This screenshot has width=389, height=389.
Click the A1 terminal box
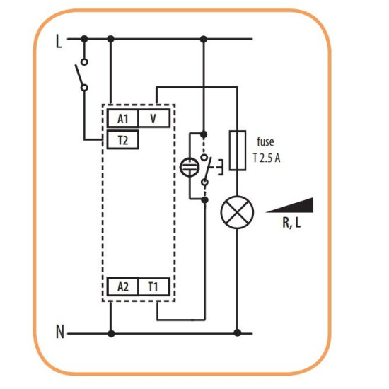(122, 118)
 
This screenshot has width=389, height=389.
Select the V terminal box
(154, 118)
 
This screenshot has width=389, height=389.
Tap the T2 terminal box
(123, 140)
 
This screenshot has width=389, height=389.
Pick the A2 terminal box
(122, 287)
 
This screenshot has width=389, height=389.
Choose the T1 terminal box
(154, 287)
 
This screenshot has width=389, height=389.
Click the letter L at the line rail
(59, 42)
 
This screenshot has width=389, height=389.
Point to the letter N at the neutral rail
(60, 332)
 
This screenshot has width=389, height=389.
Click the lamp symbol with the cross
(237, 212)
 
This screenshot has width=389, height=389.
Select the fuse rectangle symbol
(238, 151)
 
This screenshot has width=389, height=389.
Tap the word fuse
(265, 141)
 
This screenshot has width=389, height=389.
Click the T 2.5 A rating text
(267, 158)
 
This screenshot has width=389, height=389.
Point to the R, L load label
(291, 223)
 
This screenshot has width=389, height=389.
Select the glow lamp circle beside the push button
(189, 167)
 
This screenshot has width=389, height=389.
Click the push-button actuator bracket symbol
(220, 168)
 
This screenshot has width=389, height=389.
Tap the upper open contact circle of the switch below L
(84, 62)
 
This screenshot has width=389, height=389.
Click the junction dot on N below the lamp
(238, 332)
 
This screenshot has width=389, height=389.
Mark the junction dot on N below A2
(111, 334)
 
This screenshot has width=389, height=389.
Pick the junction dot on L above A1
(110, 39)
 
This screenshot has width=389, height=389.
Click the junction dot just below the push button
(204, 199)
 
